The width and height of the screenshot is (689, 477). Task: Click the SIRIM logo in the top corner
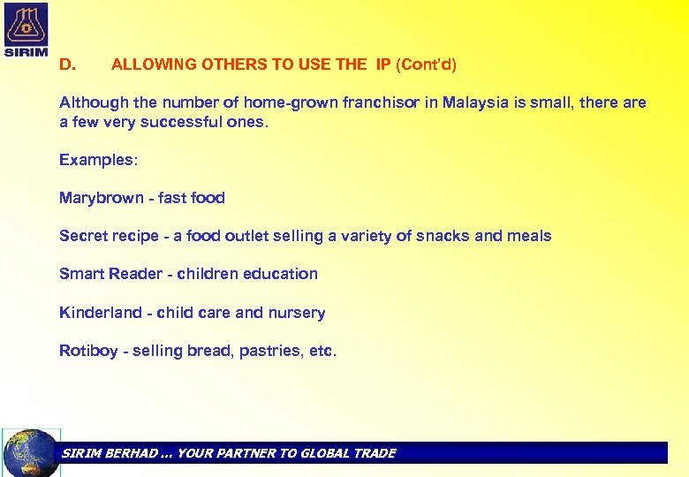click(x=26, y=28)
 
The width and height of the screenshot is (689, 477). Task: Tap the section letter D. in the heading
click(x=67, y=64)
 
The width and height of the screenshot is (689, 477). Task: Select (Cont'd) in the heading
click(x=427, y=64)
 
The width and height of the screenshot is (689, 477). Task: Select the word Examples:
click(x=96, y=160)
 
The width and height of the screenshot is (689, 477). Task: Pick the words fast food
click(x=192, y=198)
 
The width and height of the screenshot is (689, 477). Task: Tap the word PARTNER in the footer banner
click(x=240, y=453)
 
